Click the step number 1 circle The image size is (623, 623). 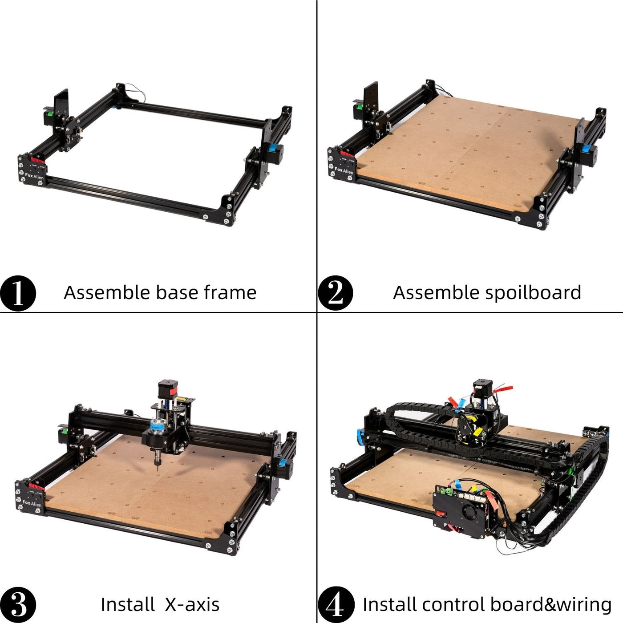18,293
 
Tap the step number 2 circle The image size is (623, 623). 336,293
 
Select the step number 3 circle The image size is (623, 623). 18,604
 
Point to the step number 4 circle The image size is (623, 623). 336,604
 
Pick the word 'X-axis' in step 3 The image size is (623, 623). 192,604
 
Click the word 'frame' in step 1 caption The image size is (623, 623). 230,292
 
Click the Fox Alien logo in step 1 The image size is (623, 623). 34,176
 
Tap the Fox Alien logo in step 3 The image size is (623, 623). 32,503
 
